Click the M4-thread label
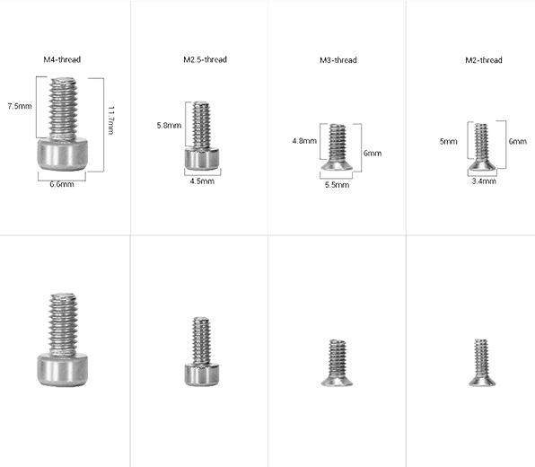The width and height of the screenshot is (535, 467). point(62,59)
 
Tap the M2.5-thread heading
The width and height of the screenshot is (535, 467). point(205,59)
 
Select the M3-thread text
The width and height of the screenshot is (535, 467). point(338,60)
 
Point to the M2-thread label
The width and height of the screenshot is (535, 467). point(484,60)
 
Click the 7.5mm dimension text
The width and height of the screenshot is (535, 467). point(20,106)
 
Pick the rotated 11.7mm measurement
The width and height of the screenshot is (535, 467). point(111,120)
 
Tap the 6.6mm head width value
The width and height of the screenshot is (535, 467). point(62,184)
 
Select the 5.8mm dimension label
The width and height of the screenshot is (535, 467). point(169,126)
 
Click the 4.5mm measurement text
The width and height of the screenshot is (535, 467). point(202,181)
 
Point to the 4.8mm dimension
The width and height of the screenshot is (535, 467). point(304,141)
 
